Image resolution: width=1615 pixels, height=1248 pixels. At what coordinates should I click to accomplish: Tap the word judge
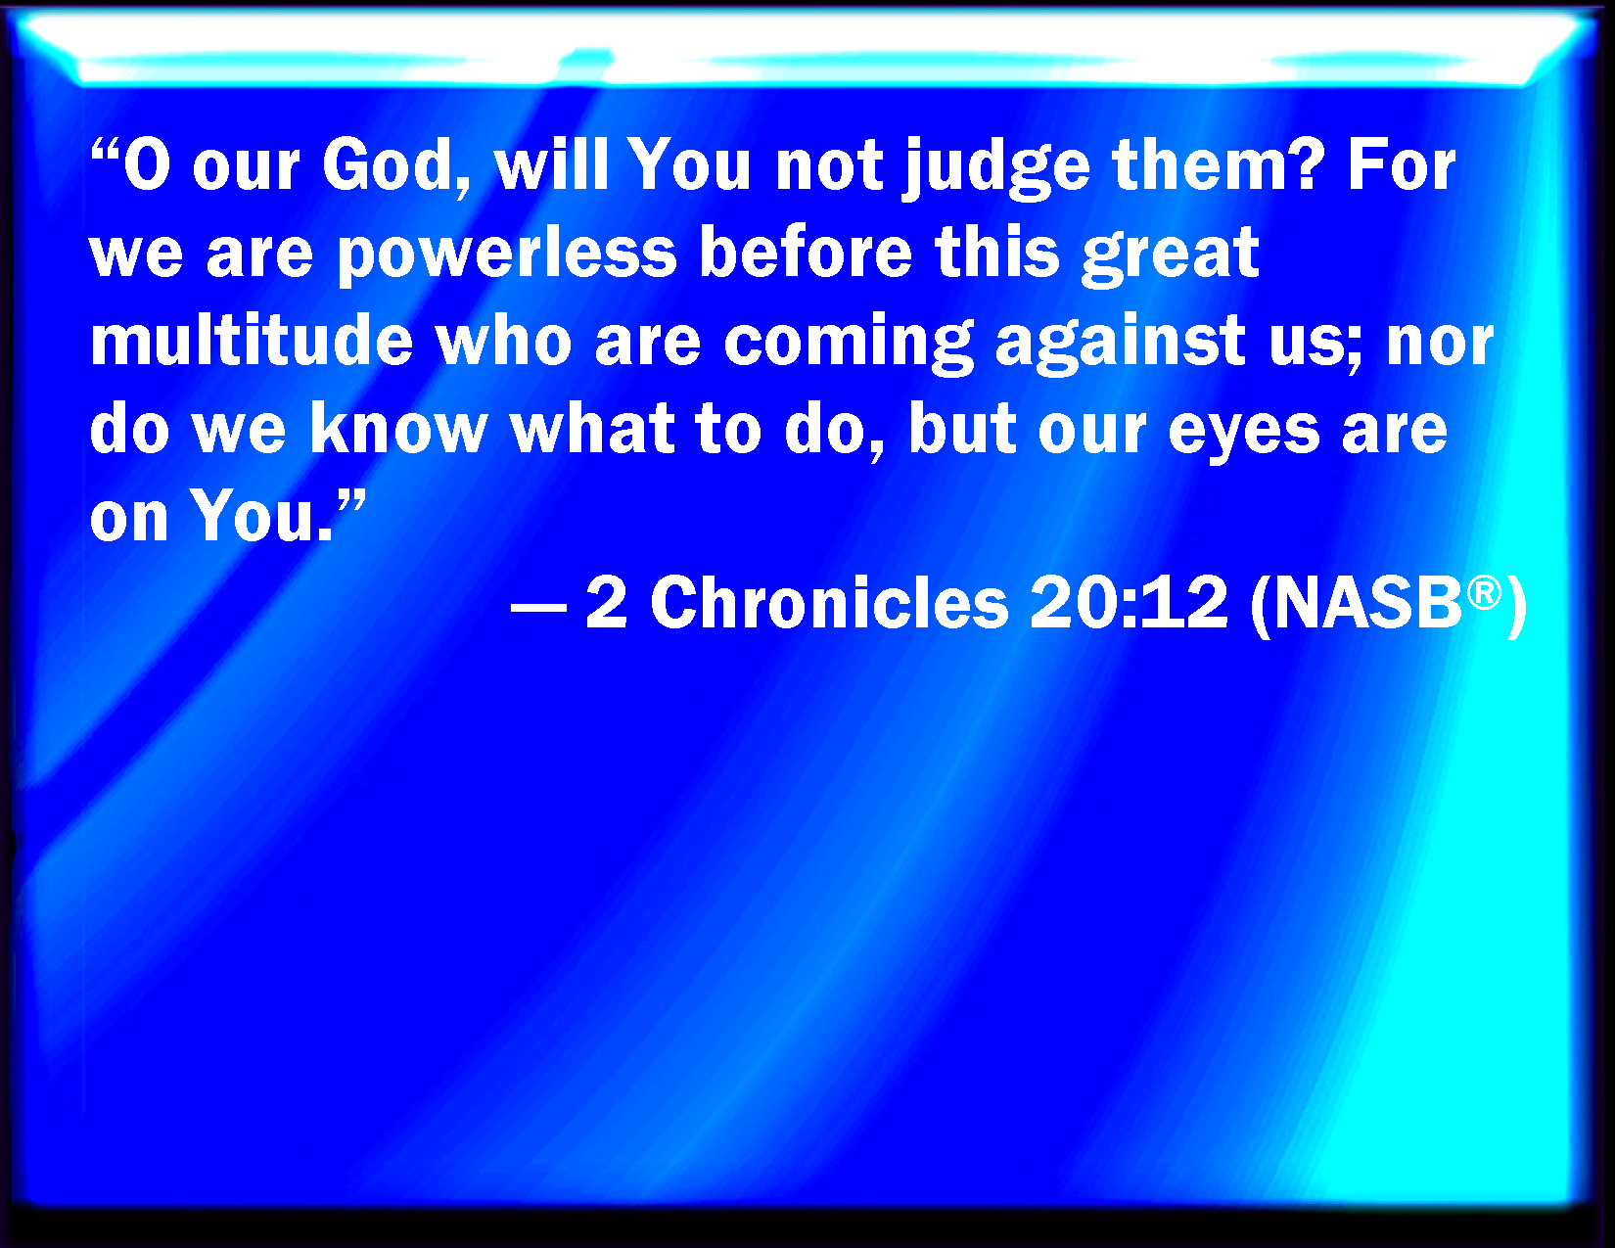(995, 169)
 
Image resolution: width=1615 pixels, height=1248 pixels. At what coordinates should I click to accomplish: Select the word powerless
(507, 254)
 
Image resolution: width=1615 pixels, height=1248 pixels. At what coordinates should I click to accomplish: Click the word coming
(848, 345)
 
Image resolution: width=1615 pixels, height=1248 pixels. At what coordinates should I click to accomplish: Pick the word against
(1120, 345)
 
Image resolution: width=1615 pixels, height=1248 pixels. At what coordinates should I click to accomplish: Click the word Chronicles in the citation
(829, 603)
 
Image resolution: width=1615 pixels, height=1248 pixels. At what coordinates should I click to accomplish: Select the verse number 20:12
(1129, 603)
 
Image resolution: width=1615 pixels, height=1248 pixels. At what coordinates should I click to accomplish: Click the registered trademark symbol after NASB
(1485, 593)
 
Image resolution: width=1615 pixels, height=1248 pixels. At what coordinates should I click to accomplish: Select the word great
(1171, 256)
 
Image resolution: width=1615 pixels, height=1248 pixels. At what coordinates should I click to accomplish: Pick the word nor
(1441, 345)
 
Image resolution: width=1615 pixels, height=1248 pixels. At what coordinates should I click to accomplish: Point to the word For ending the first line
(1401, 164)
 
